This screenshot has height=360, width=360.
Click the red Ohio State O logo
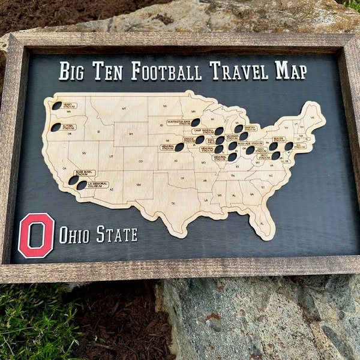[x=36, y=235]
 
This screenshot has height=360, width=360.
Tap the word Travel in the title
[x=239, y=71]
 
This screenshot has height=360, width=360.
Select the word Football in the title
[x=166, y=71]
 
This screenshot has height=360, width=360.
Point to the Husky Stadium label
[x=69, y=105]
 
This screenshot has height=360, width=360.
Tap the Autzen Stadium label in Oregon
[x=68, y=127]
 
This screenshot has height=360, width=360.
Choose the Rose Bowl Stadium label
[x=85, y=173]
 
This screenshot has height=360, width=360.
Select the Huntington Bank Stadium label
[x=179, y=122]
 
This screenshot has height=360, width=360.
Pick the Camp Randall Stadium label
[x=203, y=131]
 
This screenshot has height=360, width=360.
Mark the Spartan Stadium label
[x=250, y=128]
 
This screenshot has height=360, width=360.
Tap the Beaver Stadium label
[x=278, y=139]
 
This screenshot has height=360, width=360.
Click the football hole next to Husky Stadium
[x=56, y=106]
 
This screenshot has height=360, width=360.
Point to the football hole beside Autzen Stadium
[x=56, y=127]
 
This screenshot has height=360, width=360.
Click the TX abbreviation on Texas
[x=173, y=203]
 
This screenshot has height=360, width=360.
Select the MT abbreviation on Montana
[x=124, y=109]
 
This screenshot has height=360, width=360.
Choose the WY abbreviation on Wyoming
[x=131, y=134]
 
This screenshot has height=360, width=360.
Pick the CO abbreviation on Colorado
[x=140, y=161]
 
